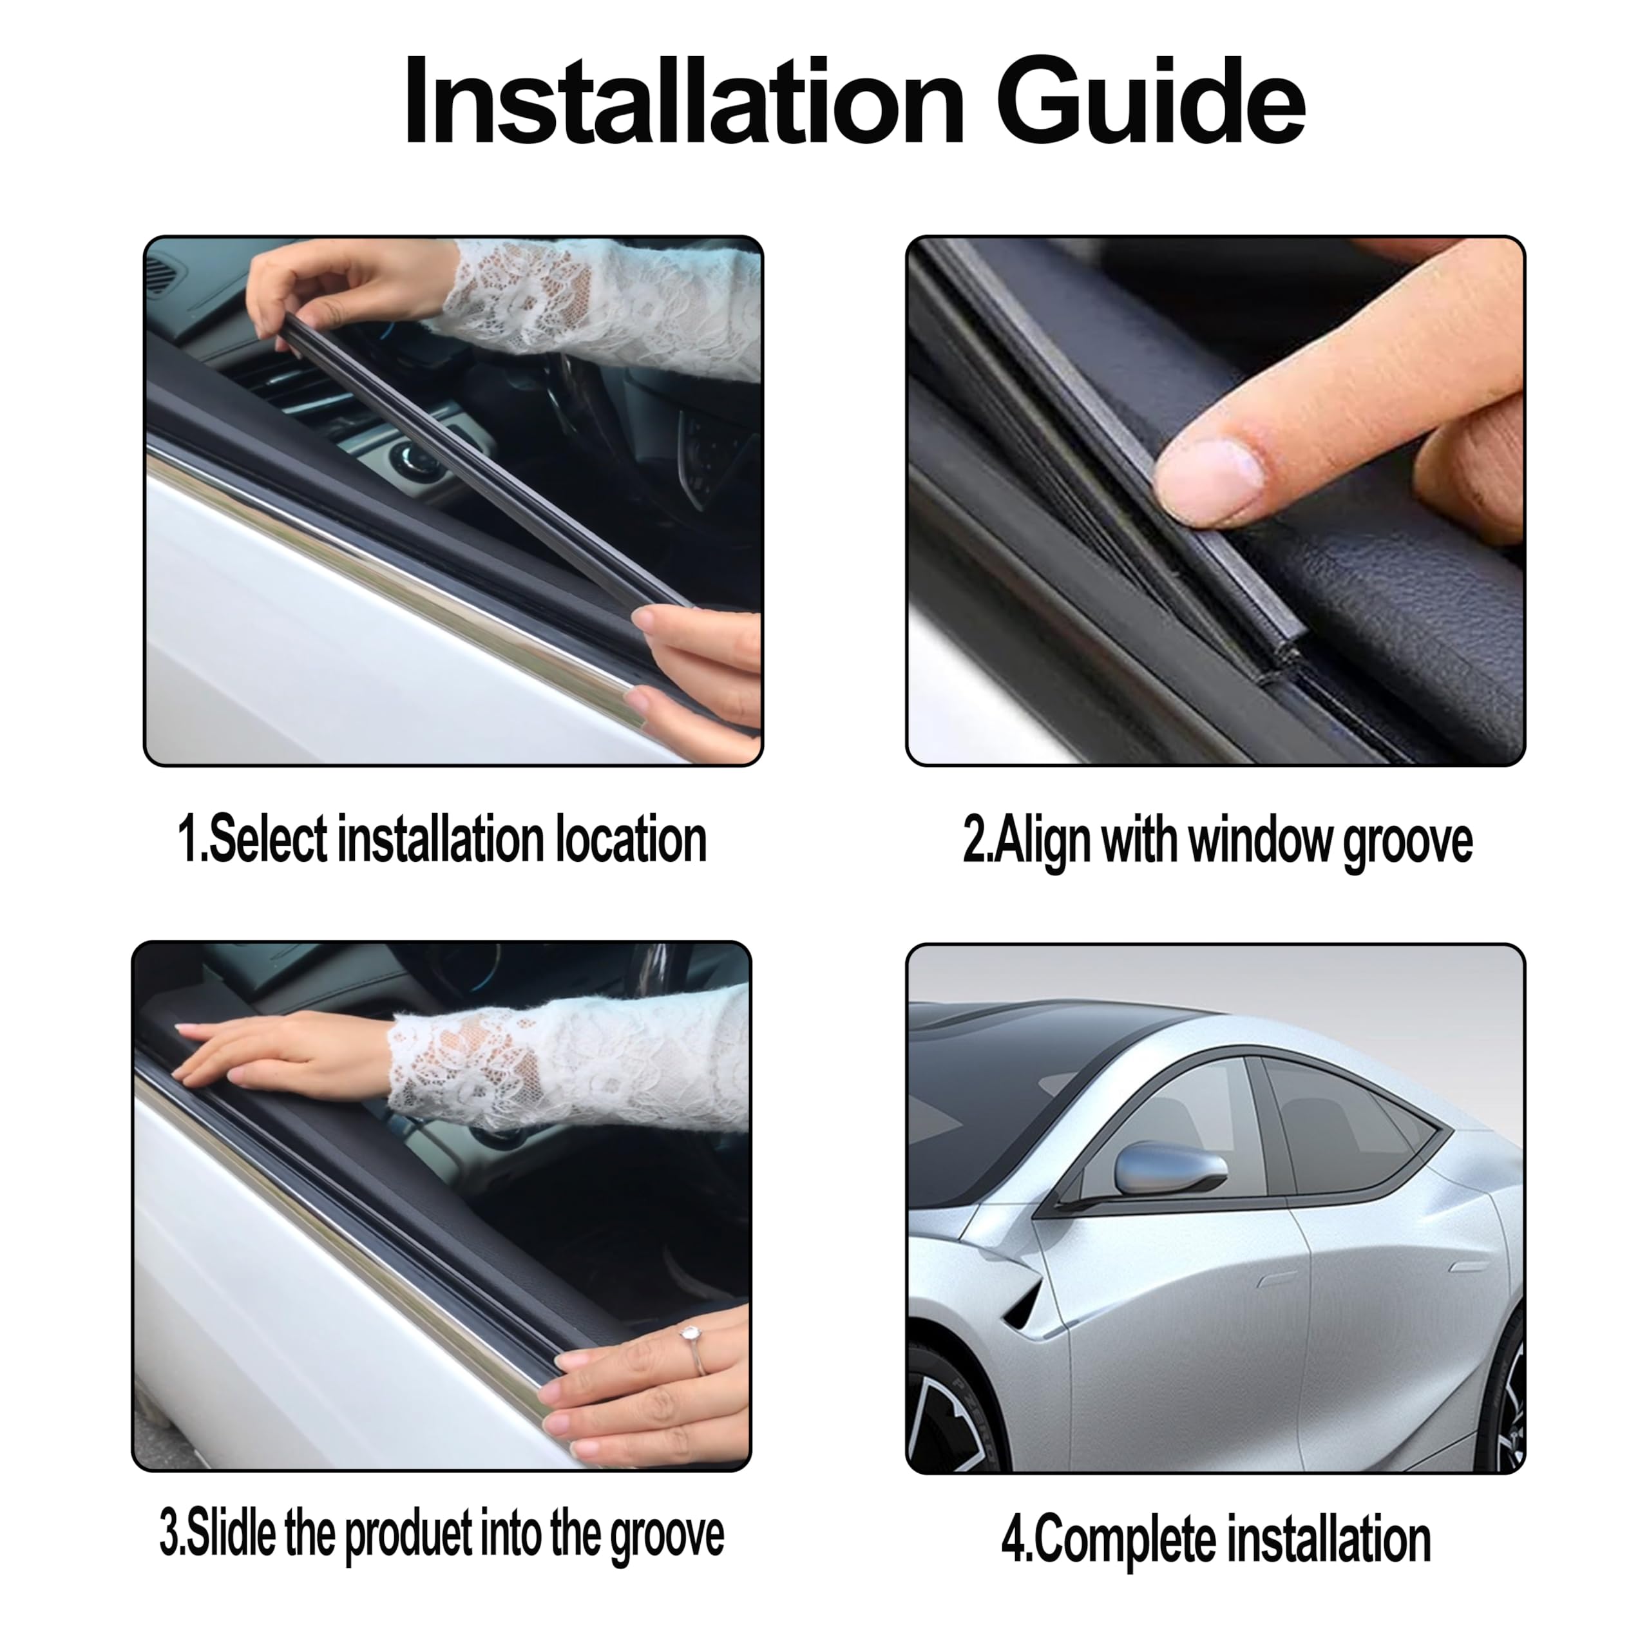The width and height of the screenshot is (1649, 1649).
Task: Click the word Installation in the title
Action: (x=683, y=102)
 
